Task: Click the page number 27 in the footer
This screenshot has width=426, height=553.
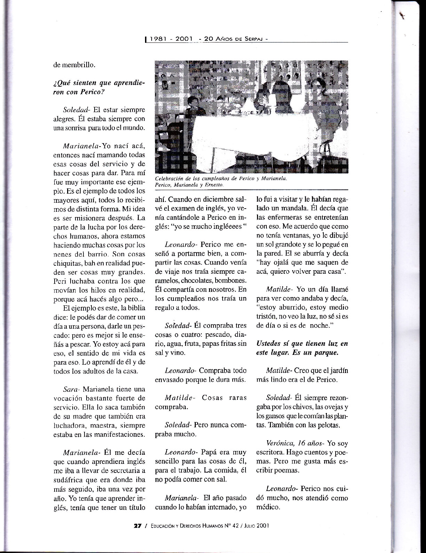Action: click(137, 526)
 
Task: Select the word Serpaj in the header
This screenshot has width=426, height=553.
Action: click(252, 39)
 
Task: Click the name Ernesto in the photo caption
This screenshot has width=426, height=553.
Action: click(214, 185)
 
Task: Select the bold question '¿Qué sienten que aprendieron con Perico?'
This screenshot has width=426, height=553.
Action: click(99, 87)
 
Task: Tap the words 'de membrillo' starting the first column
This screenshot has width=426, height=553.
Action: click(74, 64)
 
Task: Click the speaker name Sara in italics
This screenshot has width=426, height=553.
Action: click(71, 389)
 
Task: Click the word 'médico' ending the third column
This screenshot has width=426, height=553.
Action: click(268, 507)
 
